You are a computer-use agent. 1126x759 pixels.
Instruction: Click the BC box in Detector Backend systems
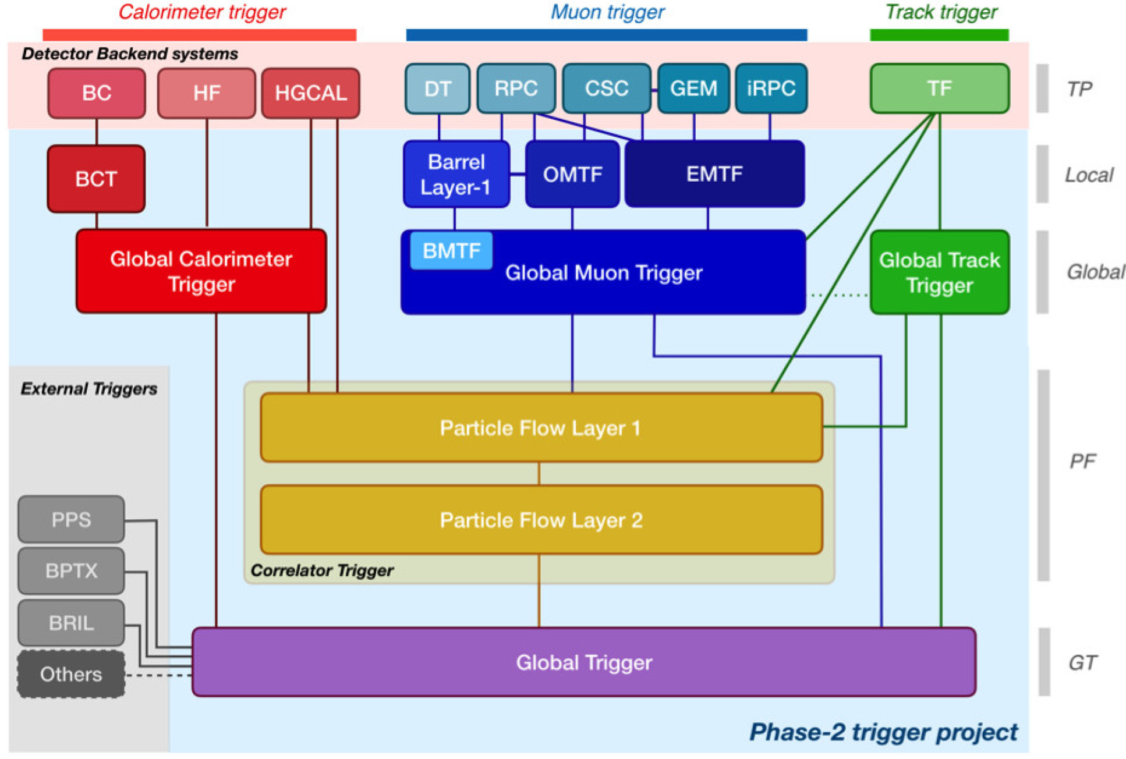tap(96, 93)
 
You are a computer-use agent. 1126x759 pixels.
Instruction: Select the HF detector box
tap(206, 93)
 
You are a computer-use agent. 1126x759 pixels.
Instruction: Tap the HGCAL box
tap(310, 93)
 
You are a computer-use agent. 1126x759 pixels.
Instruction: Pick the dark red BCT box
tap(96, 179)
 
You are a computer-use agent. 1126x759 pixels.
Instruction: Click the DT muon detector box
tap(437, 88)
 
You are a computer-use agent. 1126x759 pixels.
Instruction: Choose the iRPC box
tap(771, 88)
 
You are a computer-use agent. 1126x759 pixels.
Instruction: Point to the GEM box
tap(693, 88)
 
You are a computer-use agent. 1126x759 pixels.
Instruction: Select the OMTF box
tap(572, 174)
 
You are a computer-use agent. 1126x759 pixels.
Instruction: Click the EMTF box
tap(714, 174)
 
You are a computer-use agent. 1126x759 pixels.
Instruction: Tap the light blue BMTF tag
tap(451, 251)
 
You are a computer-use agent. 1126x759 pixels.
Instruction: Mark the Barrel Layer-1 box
tap(456, 174)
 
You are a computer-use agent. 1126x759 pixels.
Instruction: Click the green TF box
tap(939, 88)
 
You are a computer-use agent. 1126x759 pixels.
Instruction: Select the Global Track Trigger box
tap(939, 272)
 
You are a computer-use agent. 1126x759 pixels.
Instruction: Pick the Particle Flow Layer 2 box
tap(541, 520)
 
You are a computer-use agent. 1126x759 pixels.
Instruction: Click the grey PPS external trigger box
tap(71, 519)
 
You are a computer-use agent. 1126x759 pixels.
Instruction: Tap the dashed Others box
tap(71, 674)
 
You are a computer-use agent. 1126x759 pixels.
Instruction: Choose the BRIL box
tap(71, 623)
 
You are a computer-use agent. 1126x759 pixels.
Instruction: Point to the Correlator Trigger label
tap(322, 570)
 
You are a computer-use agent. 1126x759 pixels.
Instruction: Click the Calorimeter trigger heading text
tap(202, 12)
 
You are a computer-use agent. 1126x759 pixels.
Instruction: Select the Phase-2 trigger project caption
tap(883, 732)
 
